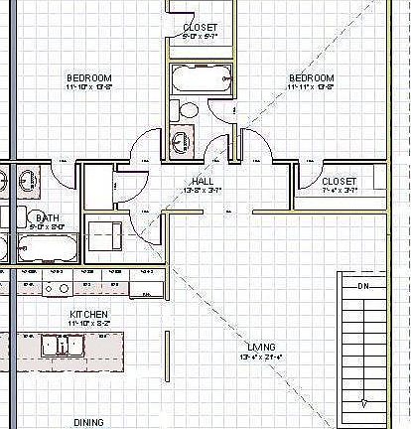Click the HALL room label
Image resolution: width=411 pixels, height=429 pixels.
[x=202, y=181]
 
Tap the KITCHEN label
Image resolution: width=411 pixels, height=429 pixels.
[x=88, y=313]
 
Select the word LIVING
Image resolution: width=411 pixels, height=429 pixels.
[x=263, y=346]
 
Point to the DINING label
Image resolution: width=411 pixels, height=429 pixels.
[x=88, y=422]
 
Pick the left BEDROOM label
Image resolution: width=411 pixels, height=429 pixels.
[x=89, y=77]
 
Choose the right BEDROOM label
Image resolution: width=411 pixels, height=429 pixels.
[x=311, y=77]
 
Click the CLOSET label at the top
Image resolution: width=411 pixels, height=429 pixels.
[x=201, y=27]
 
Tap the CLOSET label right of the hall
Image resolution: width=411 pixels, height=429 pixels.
[x=340, y=181]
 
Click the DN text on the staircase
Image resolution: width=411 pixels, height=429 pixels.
[x=363, y=285]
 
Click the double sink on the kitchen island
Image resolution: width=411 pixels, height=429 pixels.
[x=63, y=346]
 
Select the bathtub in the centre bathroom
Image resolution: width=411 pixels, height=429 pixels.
[x=202, y=78]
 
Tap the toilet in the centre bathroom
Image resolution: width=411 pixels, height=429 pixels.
[x=187, y=110]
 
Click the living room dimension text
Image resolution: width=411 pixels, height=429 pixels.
[x=263, y=356]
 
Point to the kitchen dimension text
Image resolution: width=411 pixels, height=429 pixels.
[x=88, y=323]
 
